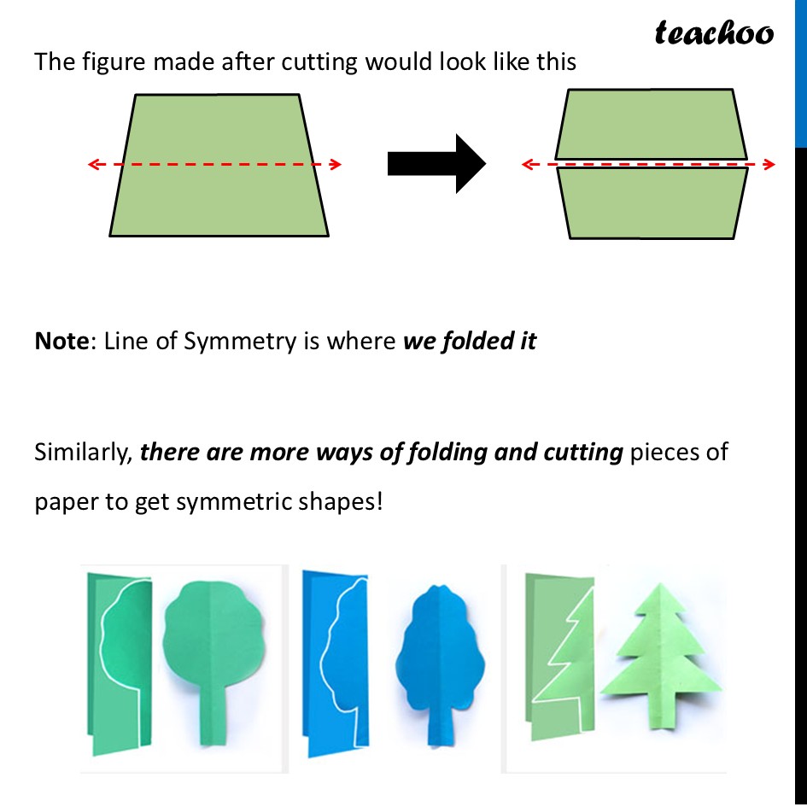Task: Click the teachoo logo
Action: pyautogui.click(x=714, y=33)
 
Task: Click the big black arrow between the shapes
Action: pyautogui.click(x=436, y=163)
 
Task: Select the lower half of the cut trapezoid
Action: pyautogui.click(x=652, y=202)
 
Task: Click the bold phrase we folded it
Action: pyautogui.click(x=470, y=342)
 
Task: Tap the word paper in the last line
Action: pyautogui.click(x=64, y=501)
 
